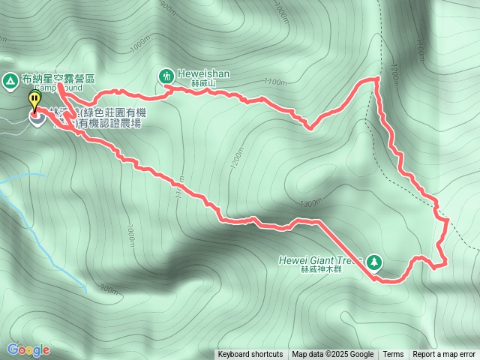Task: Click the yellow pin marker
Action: pos(34,100)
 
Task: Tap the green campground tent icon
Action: pos(10,79)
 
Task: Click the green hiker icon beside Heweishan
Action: pos(166,74)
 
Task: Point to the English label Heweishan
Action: pos(203,74)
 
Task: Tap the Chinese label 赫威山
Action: pos(202,84)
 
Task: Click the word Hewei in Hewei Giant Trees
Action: pos(292,260)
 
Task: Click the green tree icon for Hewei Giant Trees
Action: pos(374,262)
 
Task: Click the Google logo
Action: pos(28,349)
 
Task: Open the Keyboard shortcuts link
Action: pos(250,355)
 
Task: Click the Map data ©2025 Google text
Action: pos(333,355)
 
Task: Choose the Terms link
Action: pos(393,355)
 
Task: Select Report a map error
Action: pos(445,355)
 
